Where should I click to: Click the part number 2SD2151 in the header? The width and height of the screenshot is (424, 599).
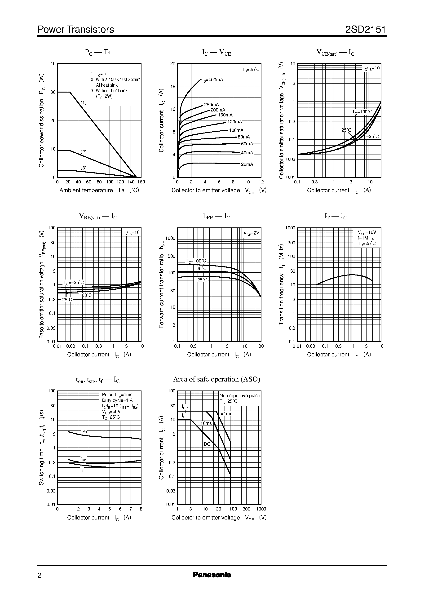pyautogui.click(x=366, y=30)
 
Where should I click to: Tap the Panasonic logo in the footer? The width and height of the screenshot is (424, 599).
pyautogui.click(x=212, y=575)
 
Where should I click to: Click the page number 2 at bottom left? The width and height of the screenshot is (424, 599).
pyautogui.click(x=40, y=576)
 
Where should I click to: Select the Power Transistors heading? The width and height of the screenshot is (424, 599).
pyautogui.click(x=76, y=30)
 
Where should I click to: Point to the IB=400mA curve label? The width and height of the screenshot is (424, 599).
pyautogui.click(x=213, y=80)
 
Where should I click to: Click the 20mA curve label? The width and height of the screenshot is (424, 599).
pyautogui.click(x=247, y=164)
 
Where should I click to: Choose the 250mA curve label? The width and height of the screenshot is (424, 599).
pyautogui.click(x=212, y=105)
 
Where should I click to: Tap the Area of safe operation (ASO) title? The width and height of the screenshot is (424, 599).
pyautogui.click(x=217, y=379)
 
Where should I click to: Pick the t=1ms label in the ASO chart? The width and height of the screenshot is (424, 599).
pyautogui.click(x=226, y=414)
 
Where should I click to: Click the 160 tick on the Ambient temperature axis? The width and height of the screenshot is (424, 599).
pyautogui.click(x=141, y=182)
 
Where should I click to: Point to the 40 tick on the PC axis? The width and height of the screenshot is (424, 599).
pyautogui.click(x=53, y=63)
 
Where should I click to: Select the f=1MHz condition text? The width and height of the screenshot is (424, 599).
pyautogui.click(x=366, y=238)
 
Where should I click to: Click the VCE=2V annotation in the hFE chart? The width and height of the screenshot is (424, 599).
pyautogui.click(x=252, y=233)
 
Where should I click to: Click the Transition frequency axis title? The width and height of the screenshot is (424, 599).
pyautogui.click(x=281, y=285)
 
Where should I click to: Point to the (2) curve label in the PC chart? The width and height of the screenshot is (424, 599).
pyautogui.click(x=84, y=152)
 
